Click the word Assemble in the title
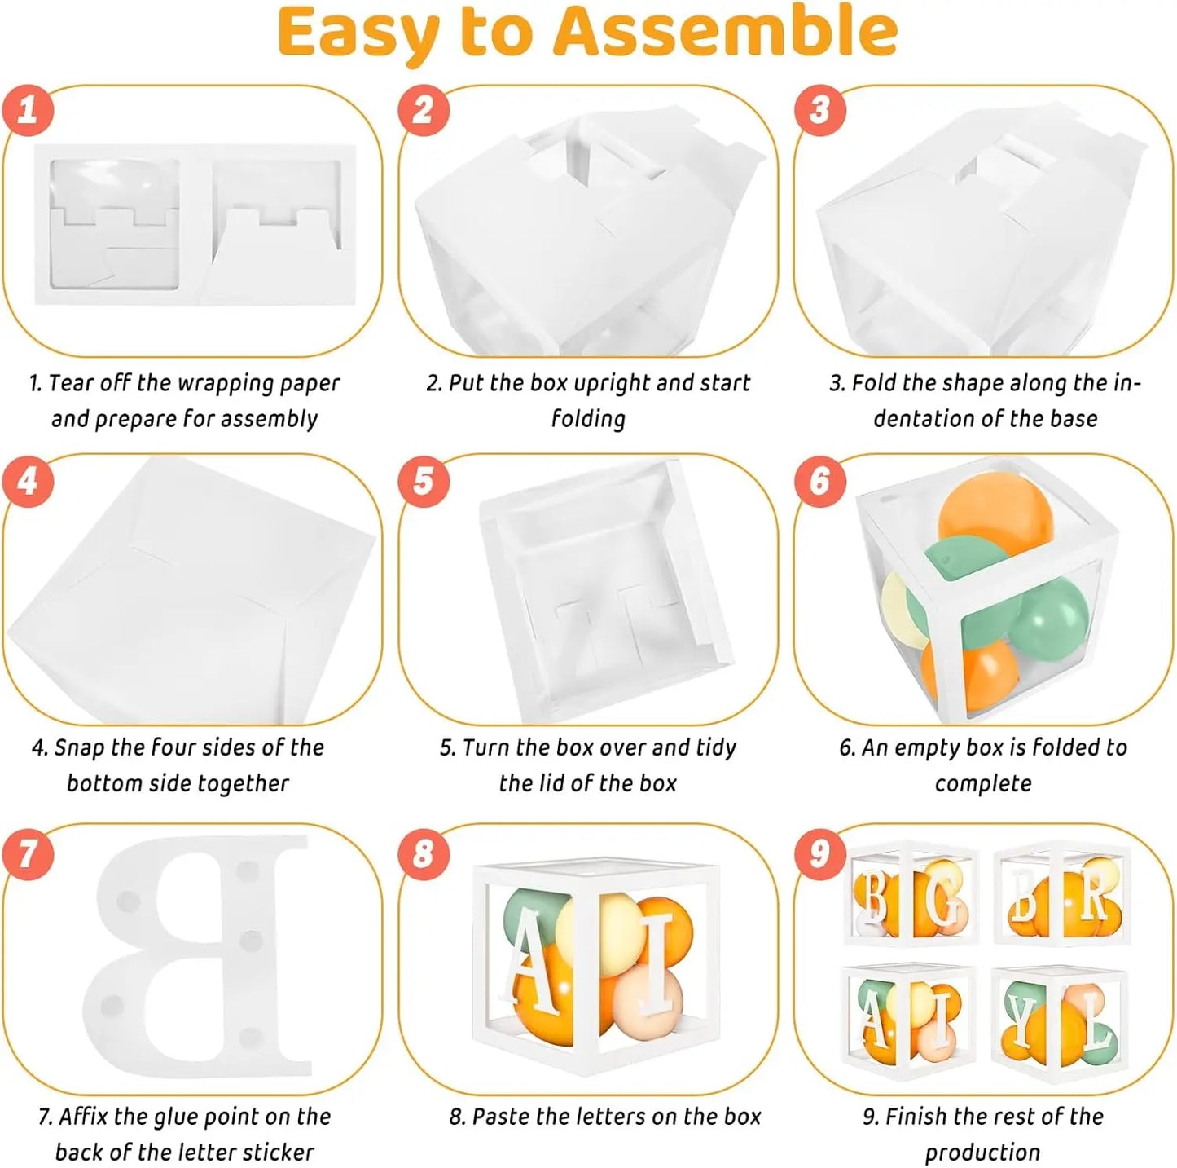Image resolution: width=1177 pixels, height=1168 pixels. click(726, 30)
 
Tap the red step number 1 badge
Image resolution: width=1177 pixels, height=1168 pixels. click(28, 111)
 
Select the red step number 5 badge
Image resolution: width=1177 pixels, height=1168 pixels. click(424, 480)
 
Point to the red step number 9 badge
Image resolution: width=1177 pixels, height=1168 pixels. click(820, 853)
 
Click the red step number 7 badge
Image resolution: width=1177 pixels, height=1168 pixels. click(28, 853)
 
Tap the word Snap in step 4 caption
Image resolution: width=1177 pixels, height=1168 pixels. click(79, 748)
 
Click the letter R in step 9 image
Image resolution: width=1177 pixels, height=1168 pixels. click(1091, 895)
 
